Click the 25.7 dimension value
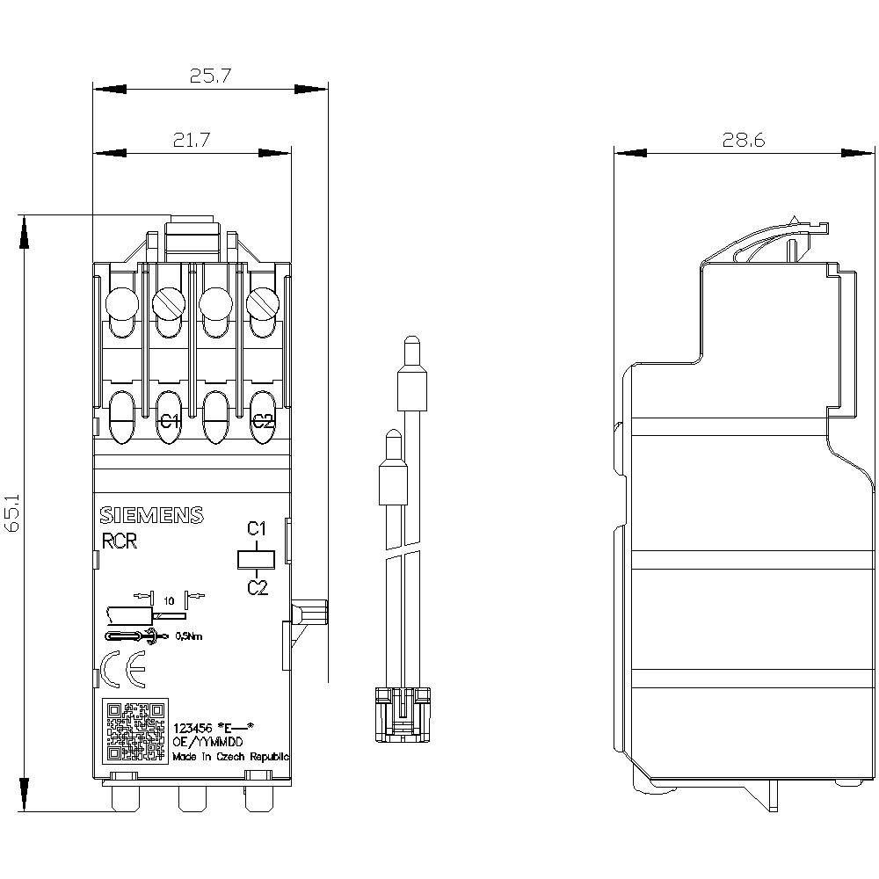pos(209,76)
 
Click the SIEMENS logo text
pos(150,516)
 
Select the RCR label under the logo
pos(120,542)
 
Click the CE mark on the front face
pos(119,670)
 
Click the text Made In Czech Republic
pos(230,756)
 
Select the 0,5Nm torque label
pos(189,636)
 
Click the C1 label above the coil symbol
pos(256,529)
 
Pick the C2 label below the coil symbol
pos(257,587)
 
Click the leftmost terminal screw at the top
pos(122,305)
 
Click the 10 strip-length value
pos(168,599)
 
